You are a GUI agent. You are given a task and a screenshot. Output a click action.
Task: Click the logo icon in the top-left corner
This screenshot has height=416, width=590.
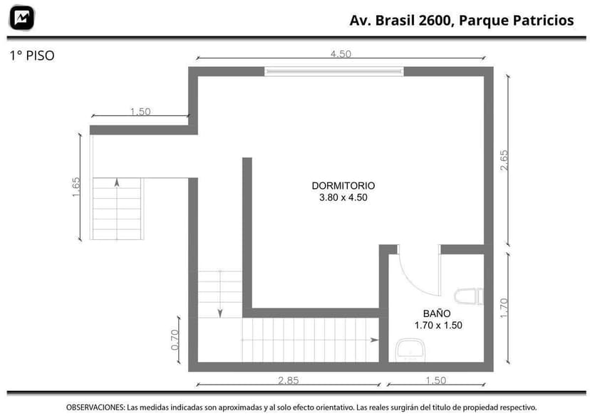[x=22, y=18]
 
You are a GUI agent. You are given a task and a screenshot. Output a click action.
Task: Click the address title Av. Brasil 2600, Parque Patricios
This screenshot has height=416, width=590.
[x=461, y=20]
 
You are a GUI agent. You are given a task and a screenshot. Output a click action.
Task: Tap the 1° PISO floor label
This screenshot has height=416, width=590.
[x=31, y=55]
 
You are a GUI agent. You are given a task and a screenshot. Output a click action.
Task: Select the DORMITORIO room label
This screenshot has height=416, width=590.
[x=343, y=186]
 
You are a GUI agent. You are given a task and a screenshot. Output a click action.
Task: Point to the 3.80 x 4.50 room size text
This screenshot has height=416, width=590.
[x=343, y=198]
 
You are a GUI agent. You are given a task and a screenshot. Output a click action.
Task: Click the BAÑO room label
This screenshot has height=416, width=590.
[x=437, y=313]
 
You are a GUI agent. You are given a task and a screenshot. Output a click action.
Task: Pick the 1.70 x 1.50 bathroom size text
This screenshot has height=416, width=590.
[x=438, y=325]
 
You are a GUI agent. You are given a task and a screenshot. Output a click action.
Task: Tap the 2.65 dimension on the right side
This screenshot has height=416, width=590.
[x=504, y=160]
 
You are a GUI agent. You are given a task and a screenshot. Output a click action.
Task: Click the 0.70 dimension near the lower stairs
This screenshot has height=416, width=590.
[x=176, y=339]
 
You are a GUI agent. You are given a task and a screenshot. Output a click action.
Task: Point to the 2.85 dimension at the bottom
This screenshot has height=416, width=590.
[x=288, y=380]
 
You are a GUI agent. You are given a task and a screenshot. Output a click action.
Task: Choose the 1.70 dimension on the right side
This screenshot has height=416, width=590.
[x=504, y=307]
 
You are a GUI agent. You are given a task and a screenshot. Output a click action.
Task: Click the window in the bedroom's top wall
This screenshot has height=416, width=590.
[x=334, y=71]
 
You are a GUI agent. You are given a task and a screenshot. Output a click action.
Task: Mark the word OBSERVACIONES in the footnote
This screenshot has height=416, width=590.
[x=95, y=407]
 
